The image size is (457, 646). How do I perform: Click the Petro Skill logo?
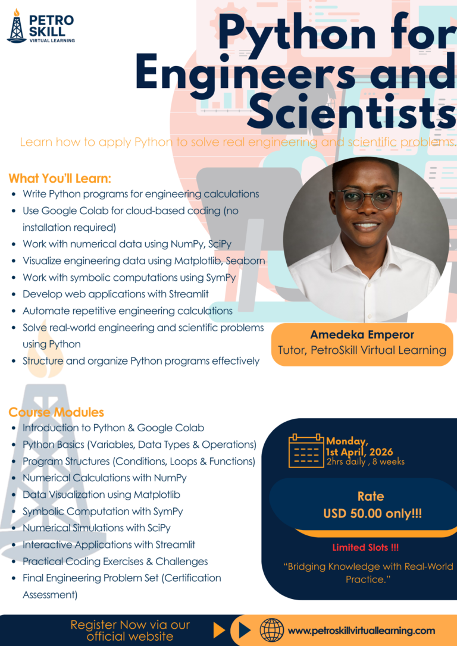coord(40,27)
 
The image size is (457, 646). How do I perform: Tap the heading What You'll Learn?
coord(60,178)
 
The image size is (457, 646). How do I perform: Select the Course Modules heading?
coord(56,412)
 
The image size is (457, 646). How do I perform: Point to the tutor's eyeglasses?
coord(365,198)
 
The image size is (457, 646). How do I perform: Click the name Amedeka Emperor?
coord(362,334)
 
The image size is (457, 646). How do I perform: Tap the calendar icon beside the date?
coord(306,451)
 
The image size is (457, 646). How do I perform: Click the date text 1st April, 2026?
coord(359,452)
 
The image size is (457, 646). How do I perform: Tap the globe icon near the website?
coord(272,630)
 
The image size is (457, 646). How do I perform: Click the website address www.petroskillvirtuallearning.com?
coord(361,631)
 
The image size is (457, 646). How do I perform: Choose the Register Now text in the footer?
coord(130,631)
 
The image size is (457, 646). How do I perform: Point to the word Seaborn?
coord(245,261)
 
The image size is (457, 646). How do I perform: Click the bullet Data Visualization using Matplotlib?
coord(101,494)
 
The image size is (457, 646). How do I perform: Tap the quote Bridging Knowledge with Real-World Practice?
coord(368,572)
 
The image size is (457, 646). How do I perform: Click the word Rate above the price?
coord(371,496)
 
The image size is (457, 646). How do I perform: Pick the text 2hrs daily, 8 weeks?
coord(365,462)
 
